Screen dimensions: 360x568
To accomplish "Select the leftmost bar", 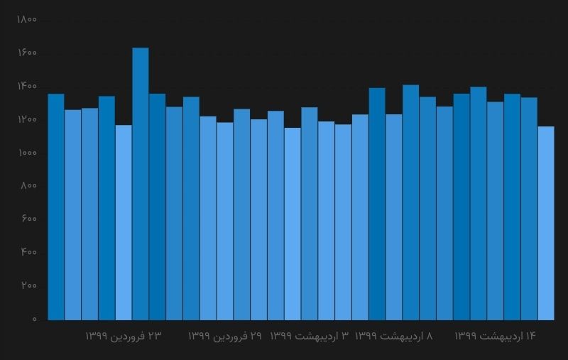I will (x=56, y=207).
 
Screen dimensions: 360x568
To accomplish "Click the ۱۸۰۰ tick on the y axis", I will (x=26, y=20).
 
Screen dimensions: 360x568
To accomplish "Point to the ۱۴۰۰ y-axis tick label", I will (x=26, y=87).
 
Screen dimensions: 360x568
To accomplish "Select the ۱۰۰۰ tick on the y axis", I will (x=26, y=153).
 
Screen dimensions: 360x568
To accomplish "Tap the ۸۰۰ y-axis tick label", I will (x=28, y=186).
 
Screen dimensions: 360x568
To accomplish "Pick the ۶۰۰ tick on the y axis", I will (x=28, y=219).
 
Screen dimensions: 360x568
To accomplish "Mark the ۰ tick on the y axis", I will (x=33, y=320).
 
